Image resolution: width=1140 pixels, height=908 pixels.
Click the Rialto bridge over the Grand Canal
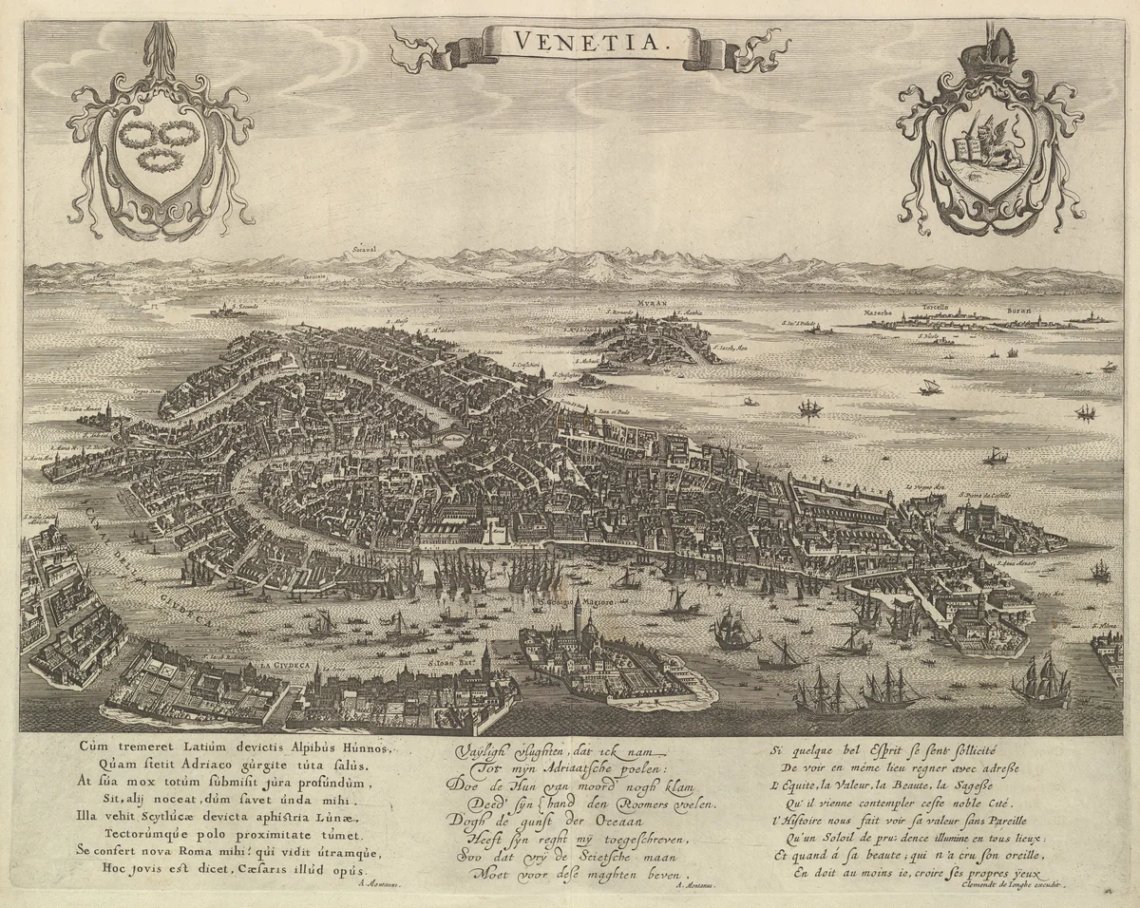[x=451, y=439]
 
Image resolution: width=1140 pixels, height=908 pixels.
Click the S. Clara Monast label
[x=83, y=410]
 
